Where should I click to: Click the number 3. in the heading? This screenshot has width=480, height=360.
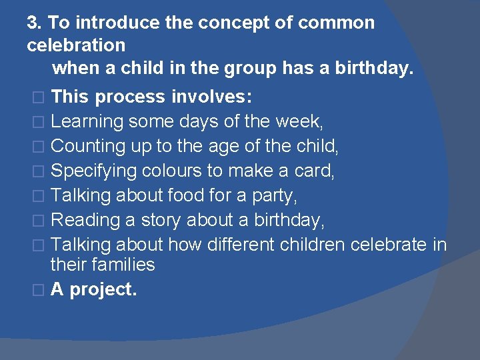pyautogui.click(x=35, y=23)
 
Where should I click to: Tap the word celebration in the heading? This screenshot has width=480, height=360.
pyautogui.click(x=76, y=45)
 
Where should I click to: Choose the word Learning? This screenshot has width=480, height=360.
pyautogui.click(x=87, y=122)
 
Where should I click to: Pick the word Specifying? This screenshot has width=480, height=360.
pyautogui.click(x=94, y=171)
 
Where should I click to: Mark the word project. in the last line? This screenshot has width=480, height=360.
pyautogui.click(x=103, y=289)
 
